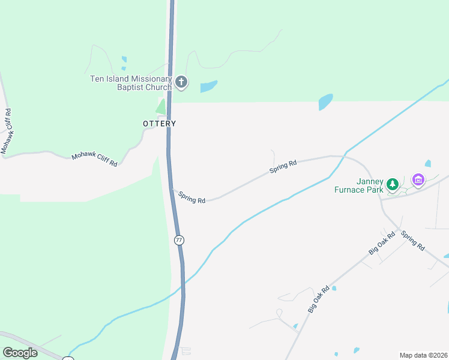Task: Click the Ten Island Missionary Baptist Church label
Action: click(x=131, y=83)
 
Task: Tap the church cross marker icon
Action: click(x=181, y=82)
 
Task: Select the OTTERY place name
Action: click(x=160, y=124)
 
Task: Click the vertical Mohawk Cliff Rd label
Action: click(x=7, y=130)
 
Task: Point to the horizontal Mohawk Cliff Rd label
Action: click(x=94, y=159)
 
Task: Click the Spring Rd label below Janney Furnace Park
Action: click(x=413, y=241)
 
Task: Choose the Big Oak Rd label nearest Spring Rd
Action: click(x=382, y=243)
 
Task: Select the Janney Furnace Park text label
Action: click(x=359, y=186)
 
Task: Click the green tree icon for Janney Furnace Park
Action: click(x=393, y=184)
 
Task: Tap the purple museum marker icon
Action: click(x=418, y=179)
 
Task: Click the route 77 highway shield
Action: click(x=179, y=240)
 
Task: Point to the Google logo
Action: click(x=20, y=353)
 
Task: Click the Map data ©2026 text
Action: click(x=423, y=355)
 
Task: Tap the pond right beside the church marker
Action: click(x=208, y=86)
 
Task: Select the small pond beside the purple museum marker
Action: click(x=428, y=163)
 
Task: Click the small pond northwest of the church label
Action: click(x=124, y=59)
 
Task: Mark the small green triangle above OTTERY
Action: click(x=161, y=107)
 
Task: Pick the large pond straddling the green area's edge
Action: click(x=325, y=101)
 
